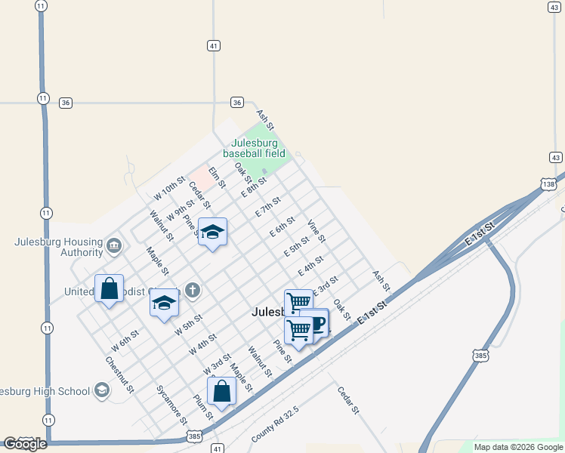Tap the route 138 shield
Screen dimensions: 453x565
point(549,183)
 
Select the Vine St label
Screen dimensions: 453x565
point(316,232)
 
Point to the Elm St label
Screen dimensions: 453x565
point(218,179)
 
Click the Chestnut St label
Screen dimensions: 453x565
point(121,374)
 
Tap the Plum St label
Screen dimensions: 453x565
point(203,407)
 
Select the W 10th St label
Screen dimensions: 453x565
point(169,189)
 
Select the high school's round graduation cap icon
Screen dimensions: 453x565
point(101,390)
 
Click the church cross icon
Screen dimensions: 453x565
point(193,289)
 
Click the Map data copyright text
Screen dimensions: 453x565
point(518,447)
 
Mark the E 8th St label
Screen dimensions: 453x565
point(255,187)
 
